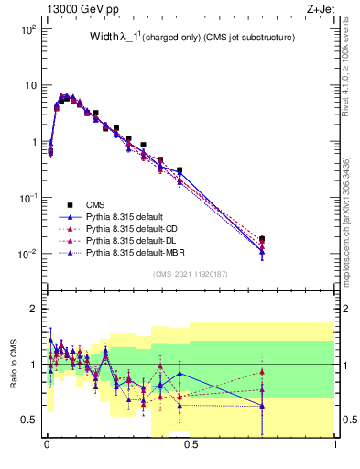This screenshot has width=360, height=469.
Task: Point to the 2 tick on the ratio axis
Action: [35, 309]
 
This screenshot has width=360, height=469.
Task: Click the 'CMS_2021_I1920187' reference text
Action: [191, 273]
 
